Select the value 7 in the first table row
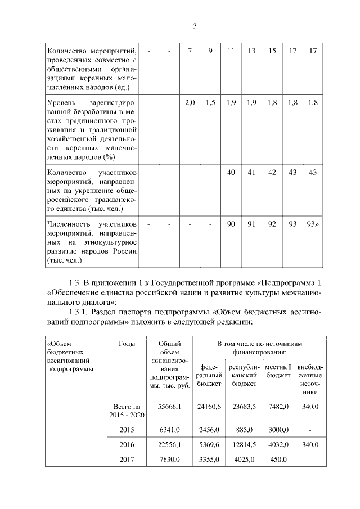click(x=190, y=51)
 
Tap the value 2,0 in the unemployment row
click(x=190, y=103)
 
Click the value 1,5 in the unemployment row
click(x=210, y=103)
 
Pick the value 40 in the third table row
click(x=231, y=172)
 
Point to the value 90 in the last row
click(x=231, y=224)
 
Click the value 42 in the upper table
click(x=272, y=172)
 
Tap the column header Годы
click(x=127, y=343)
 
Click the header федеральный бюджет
click(x=209, y=375)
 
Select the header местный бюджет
click(x=277, y=371)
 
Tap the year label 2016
click(x=127, y=444)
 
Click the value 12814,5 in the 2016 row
click(x=244, y=444)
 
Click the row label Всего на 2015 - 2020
click(x=127, y=410)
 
